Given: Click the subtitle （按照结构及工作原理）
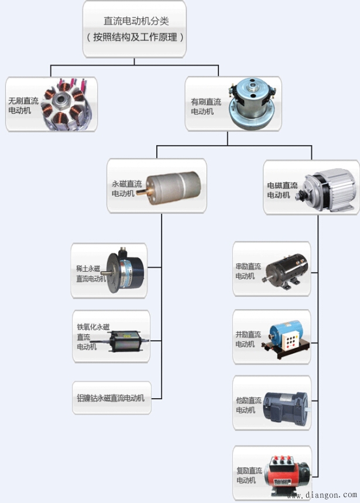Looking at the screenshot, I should (135, 37).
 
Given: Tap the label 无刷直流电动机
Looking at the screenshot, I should (23, 105).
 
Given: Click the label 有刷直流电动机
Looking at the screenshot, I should (206, 106).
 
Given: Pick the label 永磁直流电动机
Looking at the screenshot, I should (126, 187).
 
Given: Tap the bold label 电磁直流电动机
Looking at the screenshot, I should (283, 190).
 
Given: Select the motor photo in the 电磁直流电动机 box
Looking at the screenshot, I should (328, 184).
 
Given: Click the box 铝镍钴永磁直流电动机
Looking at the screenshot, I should (112, 398).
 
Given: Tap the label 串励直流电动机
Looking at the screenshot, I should (248, 271).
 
